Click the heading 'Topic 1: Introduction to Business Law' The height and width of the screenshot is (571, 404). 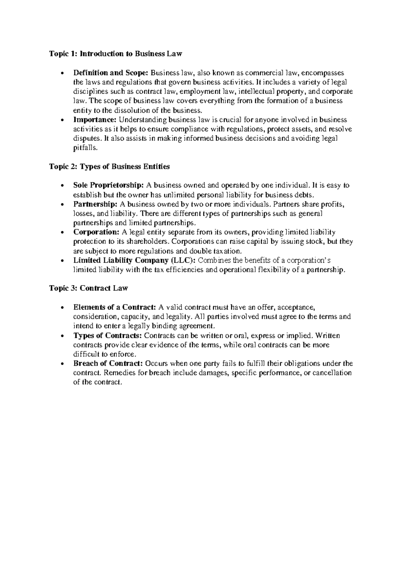coord(115,54)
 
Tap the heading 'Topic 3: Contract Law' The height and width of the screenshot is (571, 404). coord(89,288)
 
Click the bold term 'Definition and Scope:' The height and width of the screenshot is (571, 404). coord(111,73)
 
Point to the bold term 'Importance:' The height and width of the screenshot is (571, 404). coord(95,120)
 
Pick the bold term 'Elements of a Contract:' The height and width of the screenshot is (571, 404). coord(114,307)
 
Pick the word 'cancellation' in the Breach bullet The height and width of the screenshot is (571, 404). coord(332,373)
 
